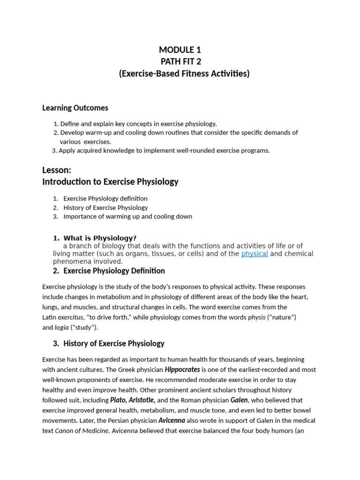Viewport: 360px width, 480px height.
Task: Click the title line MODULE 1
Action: [x=180, y=50]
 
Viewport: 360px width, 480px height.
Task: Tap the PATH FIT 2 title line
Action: [x=180, y=61]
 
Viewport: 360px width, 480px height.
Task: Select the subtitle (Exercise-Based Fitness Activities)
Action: [x=184, y=74]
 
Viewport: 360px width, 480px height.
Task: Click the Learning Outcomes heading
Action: [x=75, y=108]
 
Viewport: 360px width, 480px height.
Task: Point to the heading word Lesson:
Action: [x=57, y=170]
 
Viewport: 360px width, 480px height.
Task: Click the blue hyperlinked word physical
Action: [x=255, y=254]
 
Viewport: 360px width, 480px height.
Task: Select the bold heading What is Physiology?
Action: [x=100, y=238]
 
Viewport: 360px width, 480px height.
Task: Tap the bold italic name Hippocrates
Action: [x=182, y=369]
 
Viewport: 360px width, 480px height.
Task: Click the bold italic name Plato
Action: [x=118, y=400]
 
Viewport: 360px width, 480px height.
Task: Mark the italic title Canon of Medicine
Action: [x=82, y=431]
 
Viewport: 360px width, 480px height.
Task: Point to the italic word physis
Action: [x=256, y=317]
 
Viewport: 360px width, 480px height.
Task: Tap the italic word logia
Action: [x=61, y=328]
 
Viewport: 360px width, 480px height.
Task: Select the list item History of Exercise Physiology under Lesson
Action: [x=105, y=208]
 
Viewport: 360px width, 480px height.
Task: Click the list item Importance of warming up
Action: [x=127, y=217]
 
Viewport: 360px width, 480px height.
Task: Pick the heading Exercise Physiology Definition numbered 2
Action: [x=114, y=271]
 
